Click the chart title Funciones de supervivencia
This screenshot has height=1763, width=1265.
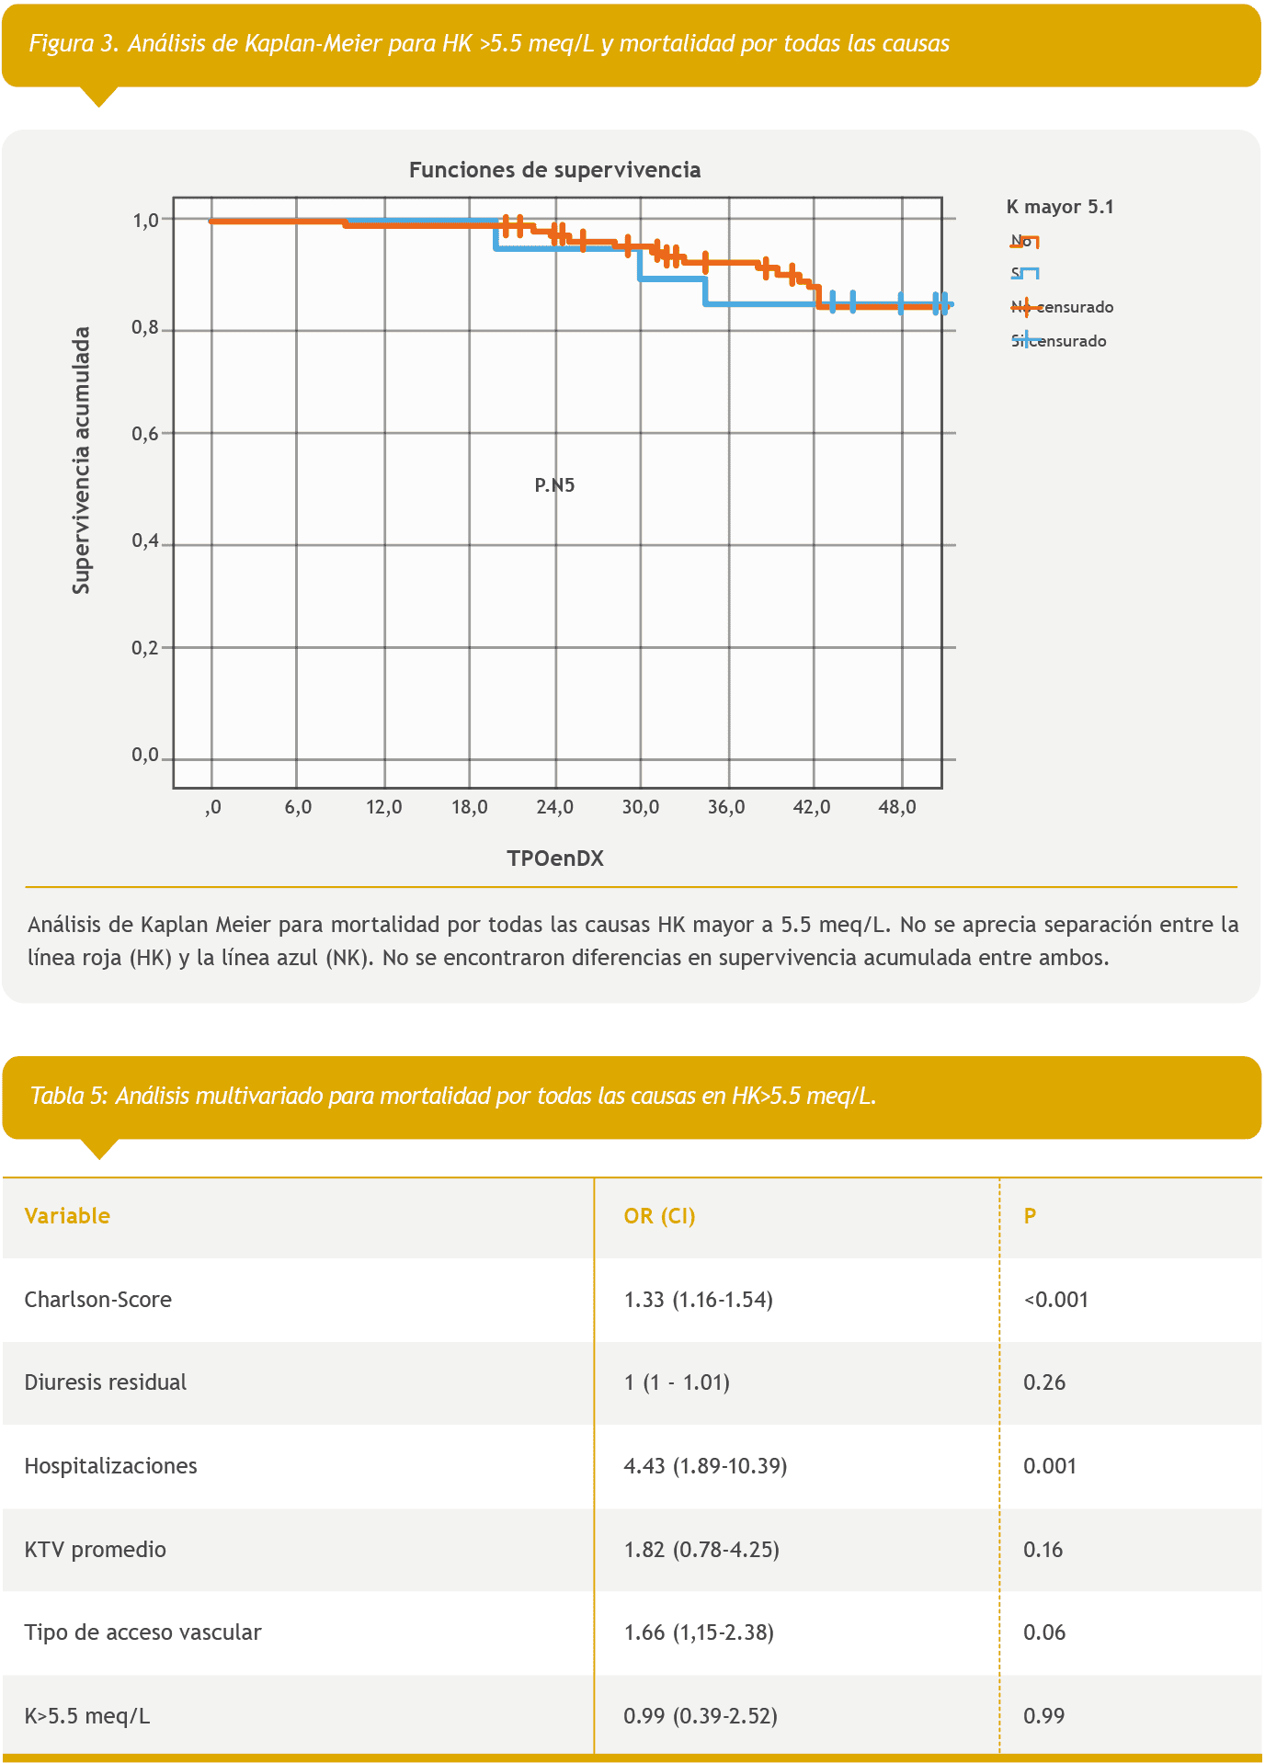click(554, 170)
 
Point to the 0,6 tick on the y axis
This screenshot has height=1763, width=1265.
click(145, 433)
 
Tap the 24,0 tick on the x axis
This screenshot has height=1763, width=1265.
click(554, 807)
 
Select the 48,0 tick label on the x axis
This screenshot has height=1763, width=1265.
click(897, 807)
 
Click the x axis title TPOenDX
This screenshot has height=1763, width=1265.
click(554, 859)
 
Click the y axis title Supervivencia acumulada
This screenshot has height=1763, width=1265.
click(82, 461)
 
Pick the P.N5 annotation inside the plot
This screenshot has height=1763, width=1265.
click(554, 485)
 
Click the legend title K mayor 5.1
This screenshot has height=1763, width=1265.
click(1059, 207)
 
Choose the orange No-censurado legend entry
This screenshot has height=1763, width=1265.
click(1062, 307)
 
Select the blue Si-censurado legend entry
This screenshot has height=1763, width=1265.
click(1058, 341)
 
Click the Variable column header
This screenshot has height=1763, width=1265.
click(67, 1216)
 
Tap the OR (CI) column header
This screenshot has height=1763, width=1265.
click(659, 1216)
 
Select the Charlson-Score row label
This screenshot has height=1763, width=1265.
click(97, 1300)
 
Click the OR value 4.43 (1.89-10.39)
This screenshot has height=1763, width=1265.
click(705, 1466)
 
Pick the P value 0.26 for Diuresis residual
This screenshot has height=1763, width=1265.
click(1044, 1382)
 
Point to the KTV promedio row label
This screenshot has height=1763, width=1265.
click(95, 1550)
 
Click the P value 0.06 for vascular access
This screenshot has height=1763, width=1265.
click(1044, 1632)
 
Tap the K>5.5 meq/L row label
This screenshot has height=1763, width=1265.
click(86, 1716)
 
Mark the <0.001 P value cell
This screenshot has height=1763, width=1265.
click(1055, 1300)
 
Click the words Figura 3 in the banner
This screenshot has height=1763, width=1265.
click(74, 43)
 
